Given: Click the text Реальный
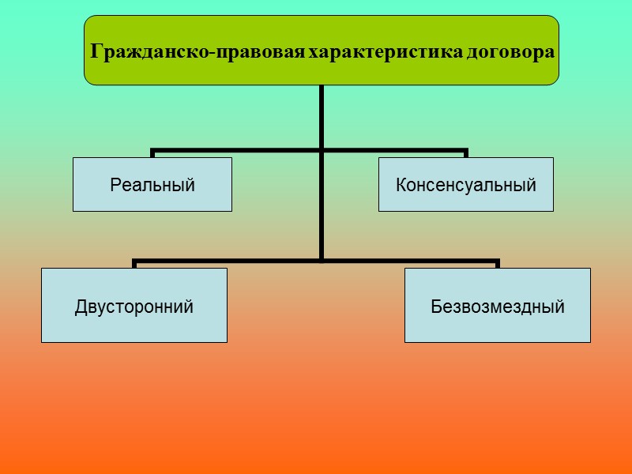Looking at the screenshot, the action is [x=152, y=186].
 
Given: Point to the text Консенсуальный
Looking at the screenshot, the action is [x=465, y=186].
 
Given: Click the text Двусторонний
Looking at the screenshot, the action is [x=134, y=306].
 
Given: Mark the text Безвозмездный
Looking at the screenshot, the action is [x=498, y=306].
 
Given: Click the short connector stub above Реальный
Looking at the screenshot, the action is [x=152, y=153].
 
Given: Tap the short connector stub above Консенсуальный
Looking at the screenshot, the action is [x=465, y=153].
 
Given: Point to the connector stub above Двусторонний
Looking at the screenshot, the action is [x=134, y=264].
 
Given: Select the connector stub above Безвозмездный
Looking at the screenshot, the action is [x=498, y=264].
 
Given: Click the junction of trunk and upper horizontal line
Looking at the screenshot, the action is [x=322, y=149].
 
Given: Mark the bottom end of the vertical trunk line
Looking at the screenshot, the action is [x=322, y=258].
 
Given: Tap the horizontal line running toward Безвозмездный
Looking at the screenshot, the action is [x=411, y=260].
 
